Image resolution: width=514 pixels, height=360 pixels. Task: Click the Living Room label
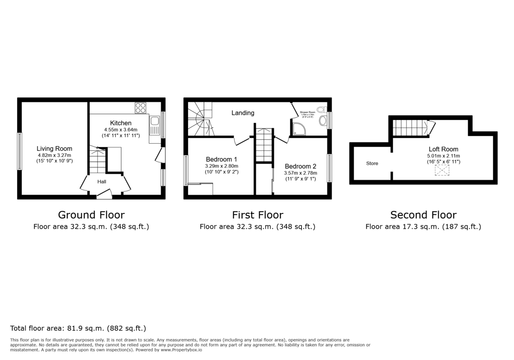54,149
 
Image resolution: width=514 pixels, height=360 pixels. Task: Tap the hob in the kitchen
140,108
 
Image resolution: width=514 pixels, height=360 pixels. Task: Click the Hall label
102,182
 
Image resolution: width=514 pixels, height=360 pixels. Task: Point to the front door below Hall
104,195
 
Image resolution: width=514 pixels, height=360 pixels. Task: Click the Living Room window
19,151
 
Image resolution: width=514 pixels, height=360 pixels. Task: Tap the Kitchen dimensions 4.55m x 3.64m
120,130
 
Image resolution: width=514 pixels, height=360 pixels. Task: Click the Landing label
243,113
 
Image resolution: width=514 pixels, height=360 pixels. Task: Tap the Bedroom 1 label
222,159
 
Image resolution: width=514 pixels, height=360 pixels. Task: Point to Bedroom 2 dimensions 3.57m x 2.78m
300,173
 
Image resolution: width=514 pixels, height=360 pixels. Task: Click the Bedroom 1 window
186,170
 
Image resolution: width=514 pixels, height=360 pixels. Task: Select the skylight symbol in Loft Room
442,170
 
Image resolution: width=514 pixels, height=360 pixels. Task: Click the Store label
372,163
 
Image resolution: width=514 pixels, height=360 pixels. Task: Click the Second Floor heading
423,215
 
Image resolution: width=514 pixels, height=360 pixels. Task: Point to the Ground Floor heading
91,215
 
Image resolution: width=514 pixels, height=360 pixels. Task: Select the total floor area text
78,329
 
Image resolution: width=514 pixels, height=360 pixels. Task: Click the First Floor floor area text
257,227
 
